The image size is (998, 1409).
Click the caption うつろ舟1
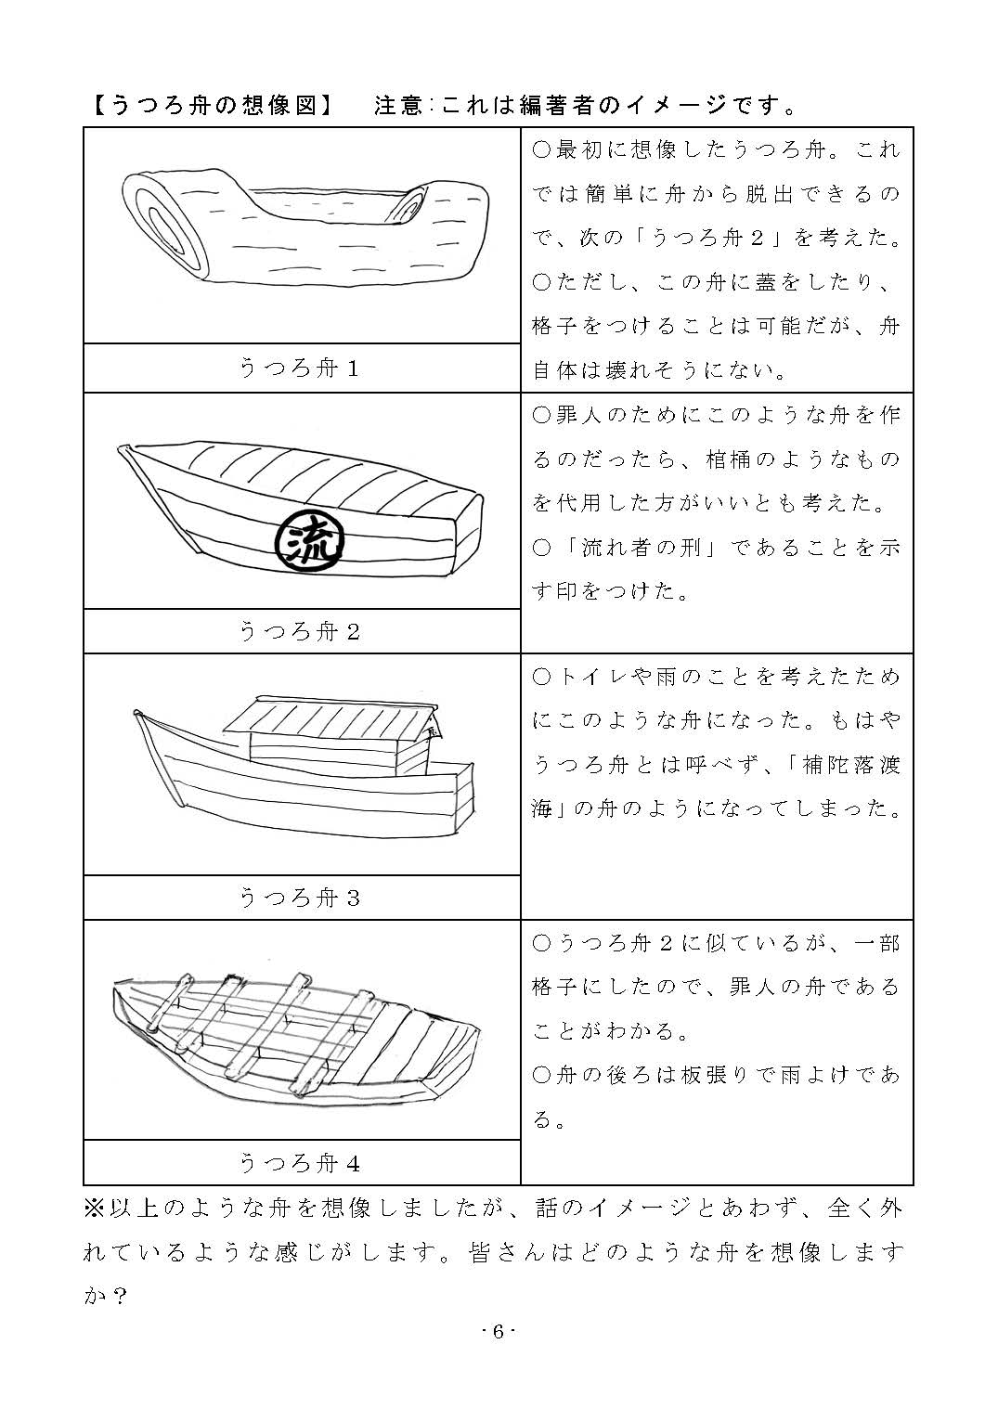click(300, 368)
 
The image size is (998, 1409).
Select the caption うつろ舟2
click(300, 631)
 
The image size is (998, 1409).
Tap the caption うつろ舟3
click(300, 898)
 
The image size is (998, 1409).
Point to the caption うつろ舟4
click(300, 1164)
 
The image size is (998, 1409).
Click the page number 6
click(499, 1332)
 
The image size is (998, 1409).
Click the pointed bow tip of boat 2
click(121, 448)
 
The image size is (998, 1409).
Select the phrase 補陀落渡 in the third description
click(851, 764)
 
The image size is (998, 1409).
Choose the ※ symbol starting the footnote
click(95, 1209)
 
